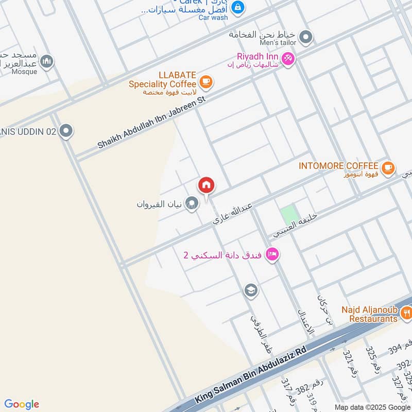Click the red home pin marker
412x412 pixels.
[207, 185]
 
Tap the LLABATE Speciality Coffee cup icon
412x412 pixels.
[206, 81]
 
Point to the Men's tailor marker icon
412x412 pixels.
[306, 37]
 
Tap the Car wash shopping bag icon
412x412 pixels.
[238, 7]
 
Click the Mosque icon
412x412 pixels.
[47, 61]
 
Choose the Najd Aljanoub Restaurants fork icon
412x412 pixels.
[406, 312]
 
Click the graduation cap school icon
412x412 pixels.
[251, 290]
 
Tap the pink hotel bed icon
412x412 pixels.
[272, 253]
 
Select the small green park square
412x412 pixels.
[289, 214]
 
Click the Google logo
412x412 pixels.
[22, 404]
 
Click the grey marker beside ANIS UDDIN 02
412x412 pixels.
[66, 131]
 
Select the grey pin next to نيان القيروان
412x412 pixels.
[192, 203]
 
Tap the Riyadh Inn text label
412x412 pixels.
[257, 56]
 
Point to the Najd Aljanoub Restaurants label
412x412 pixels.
[371, 314]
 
